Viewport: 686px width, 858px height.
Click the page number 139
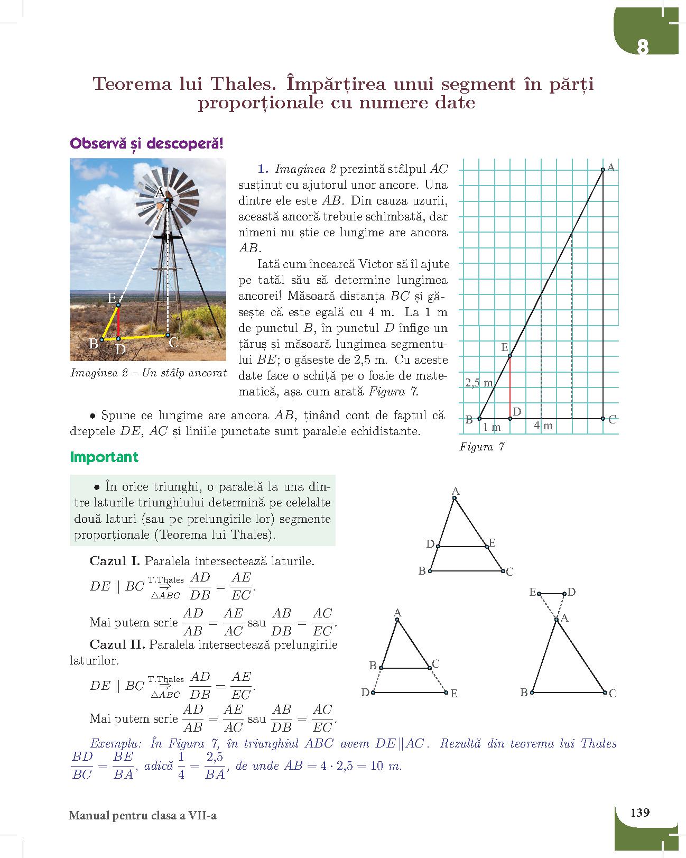coord(639,812)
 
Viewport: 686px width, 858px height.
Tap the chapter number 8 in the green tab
coord(642,48)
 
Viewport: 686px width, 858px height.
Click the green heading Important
coord(104,457)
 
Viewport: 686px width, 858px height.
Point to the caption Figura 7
coord(481,447)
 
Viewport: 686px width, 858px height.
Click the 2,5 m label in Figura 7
coord(479,383)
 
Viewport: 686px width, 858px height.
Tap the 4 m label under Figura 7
coord(543,426)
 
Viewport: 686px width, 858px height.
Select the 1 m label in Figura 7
coord(492,427)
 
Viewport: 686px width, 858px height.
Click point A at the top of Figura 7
coord(603,170)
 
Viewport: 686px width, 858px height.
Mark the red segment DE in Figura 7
coord(510,387)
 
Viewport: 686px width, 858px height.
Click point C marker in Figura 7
coord(603,419)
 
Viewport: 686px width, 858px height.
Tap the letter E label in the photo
coord(112,298)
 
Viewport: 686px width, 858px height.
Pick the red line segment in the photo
coord(118,321)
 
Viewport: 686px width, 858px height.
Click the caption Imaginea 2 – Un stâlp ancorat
coord(149,373)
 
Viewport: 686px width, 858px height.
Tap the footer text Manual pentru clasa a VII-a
coord(143,815)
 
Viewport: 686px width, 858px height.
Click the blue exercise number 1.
coord(262,169)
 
